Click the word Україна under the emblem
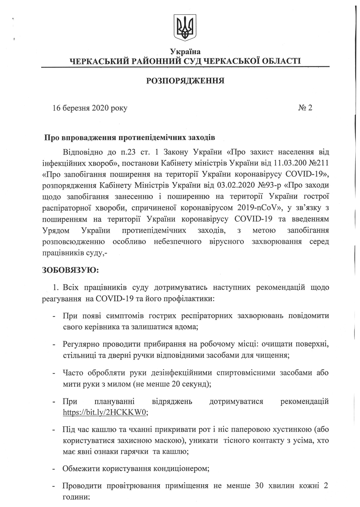click(185, 52)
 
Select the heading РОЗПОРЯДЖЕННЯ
click(185, 81)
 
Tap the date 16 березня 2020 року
click(90, 108)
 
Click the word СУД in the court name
click(190, 61)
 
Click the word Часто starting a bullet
click(73, 373)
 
